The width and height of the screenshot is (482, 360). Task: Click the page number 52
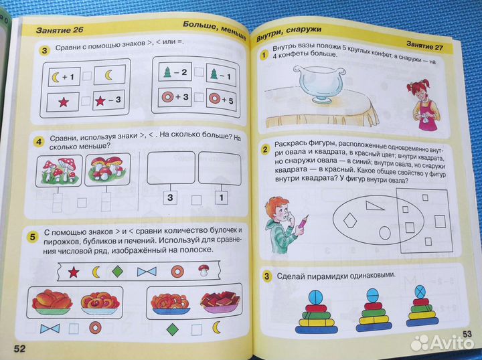click(19, 347)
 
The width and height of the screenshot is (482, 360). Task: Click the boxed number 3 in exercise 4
click(170, 197)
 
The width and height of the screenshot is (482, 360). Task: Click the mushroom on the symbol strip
click(204, 271)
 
